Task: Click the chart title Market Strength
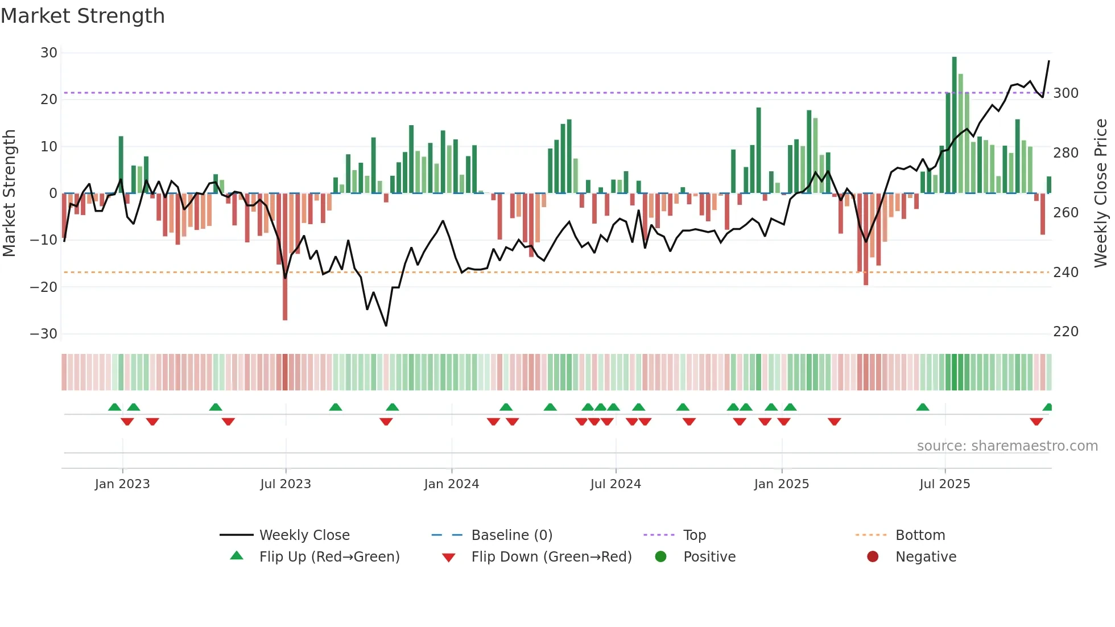tap(82, 16)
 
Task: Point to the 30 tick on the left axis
tap(49, 53)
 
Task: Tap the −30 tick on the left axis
tap(44, 334)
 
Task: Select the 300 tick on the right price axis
tap(1066, 93)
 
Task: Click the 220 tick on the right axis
tap(1066, 332)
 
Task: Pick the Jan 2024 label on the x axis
tap(452, 484)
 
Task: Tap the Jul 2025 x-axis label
tap(944, 484)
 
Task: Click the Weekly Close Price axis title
tap(1101, 193)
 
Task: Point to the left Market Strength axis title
tap(9, 193)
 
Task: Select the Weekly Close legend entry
tap(304, 535)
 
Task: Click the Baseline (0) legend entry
tap(511, 535)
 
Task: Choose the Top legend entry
tap(694, 535)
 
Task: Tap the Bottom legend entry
tap(920, 535)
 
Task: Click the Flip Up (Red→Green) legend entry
tap(329, 557)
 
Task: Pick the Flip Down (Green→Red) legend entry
tap(551, 557)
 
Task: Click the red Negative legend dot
tap(873, 557)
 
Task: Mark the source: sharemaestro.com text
tap(1007, 446)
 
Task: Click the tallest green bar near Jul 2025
tap(955, 125)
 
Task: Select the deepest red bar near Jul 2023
tap(285, 256)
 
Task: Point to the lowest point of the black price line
tap(386, 325)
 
